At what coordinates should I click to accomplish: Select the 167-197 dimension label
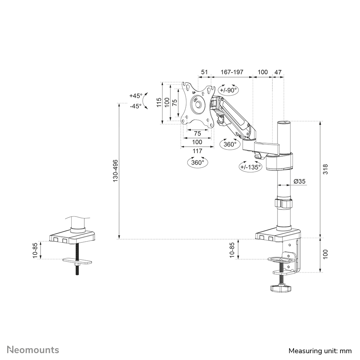pos(232,72)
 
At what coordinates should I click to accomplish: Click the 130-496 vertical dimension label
pos(115,171)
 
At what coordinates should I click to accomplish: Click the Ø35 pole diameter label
pos(299,181)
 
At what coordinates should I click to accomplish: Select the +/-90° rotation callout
pos(229,90)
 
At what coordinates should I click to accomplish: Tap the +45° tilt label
pos(136,96)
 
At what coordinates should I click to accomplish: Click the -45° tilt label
pos(136,106)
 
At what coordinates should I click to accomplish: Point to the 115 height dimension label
pos(159,103)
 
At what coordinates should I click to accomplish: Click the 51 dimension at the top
pos(204,72)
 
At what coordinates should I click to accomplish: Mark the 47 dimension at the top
pos(278,72)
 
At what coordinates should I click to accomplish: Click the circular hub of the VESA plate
pos(198,104)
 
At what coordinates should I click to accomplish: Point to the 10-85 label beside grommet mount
pos(35,251)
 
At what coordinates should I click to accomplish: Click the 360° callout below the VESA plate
pos(198,162)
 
